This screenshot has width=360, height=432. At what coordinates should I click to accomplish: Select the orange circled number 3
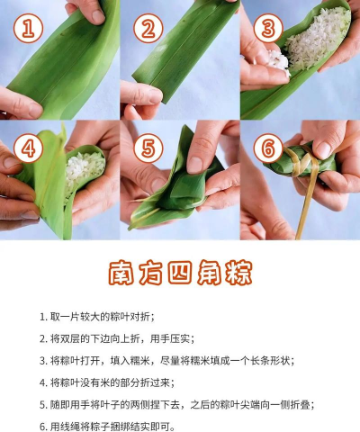click(x=266, y=29)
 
